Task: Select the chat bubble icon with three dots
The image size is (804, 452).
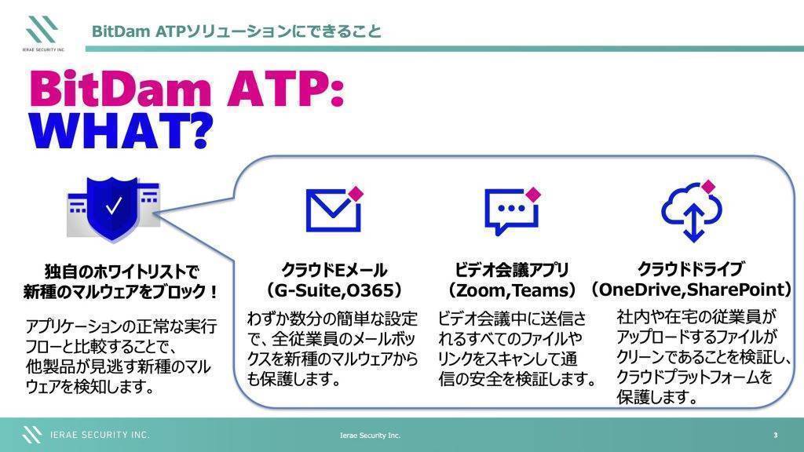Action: tap(512, 210)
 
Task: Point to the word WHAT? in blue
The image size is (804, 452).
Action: tap(120, 131)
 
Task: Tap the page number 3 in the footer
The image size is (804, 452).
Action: tap(775, 435)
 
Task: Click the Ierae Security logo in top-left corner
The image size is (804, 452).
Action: tap(43, 33)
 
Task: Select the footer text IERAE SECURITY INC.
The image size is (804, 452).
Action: tap(100, 435)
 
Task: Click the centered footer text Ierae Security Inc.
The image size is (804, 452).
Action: tap(371, 436)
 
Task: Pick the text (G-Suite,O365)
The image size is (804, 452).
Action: tap(334, 290)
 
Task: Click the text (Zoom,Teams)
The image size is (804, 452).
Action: tap(512, 290)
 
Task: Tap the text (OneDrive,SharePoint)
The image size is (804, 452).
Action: tap(692, 290)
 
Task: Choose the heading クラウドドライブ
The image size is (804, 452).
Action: tap(691, 268)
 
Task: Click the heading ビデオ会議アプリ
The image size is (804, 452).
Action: tap(512, 270)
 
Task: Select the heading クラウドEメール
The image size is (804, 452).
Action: tap(334, 270)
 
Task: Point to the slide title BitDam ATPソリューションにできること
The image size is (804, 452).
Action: tap(236, 31)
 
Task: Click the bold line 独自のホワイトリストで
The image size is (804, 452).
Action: tap(122, 271)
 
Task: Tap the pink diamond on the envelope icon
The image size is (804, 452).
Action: tap(356, 194)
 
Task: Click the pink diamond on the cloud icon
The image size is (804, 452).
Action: tap(709, 187)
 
